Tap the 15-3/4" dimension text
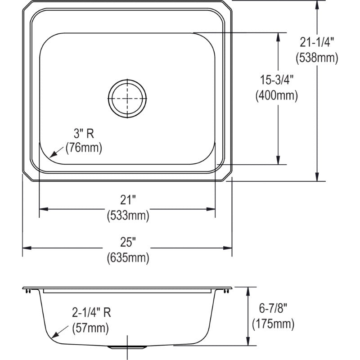click(x=276, y=81)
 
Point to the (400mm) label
click(x=276, y=95)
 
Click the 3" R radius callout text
click(x=84, y=133)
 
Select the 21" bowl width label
click(x=128, y=201)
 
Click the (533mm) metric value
click(x=128, y=216)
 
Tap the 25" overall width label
click(x=128, y=243)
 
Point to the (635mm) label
click(x=128, y=258)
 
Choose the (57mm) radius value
click(x=90, y=328)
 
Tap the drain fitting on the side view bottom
click(x=128, y=346)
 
